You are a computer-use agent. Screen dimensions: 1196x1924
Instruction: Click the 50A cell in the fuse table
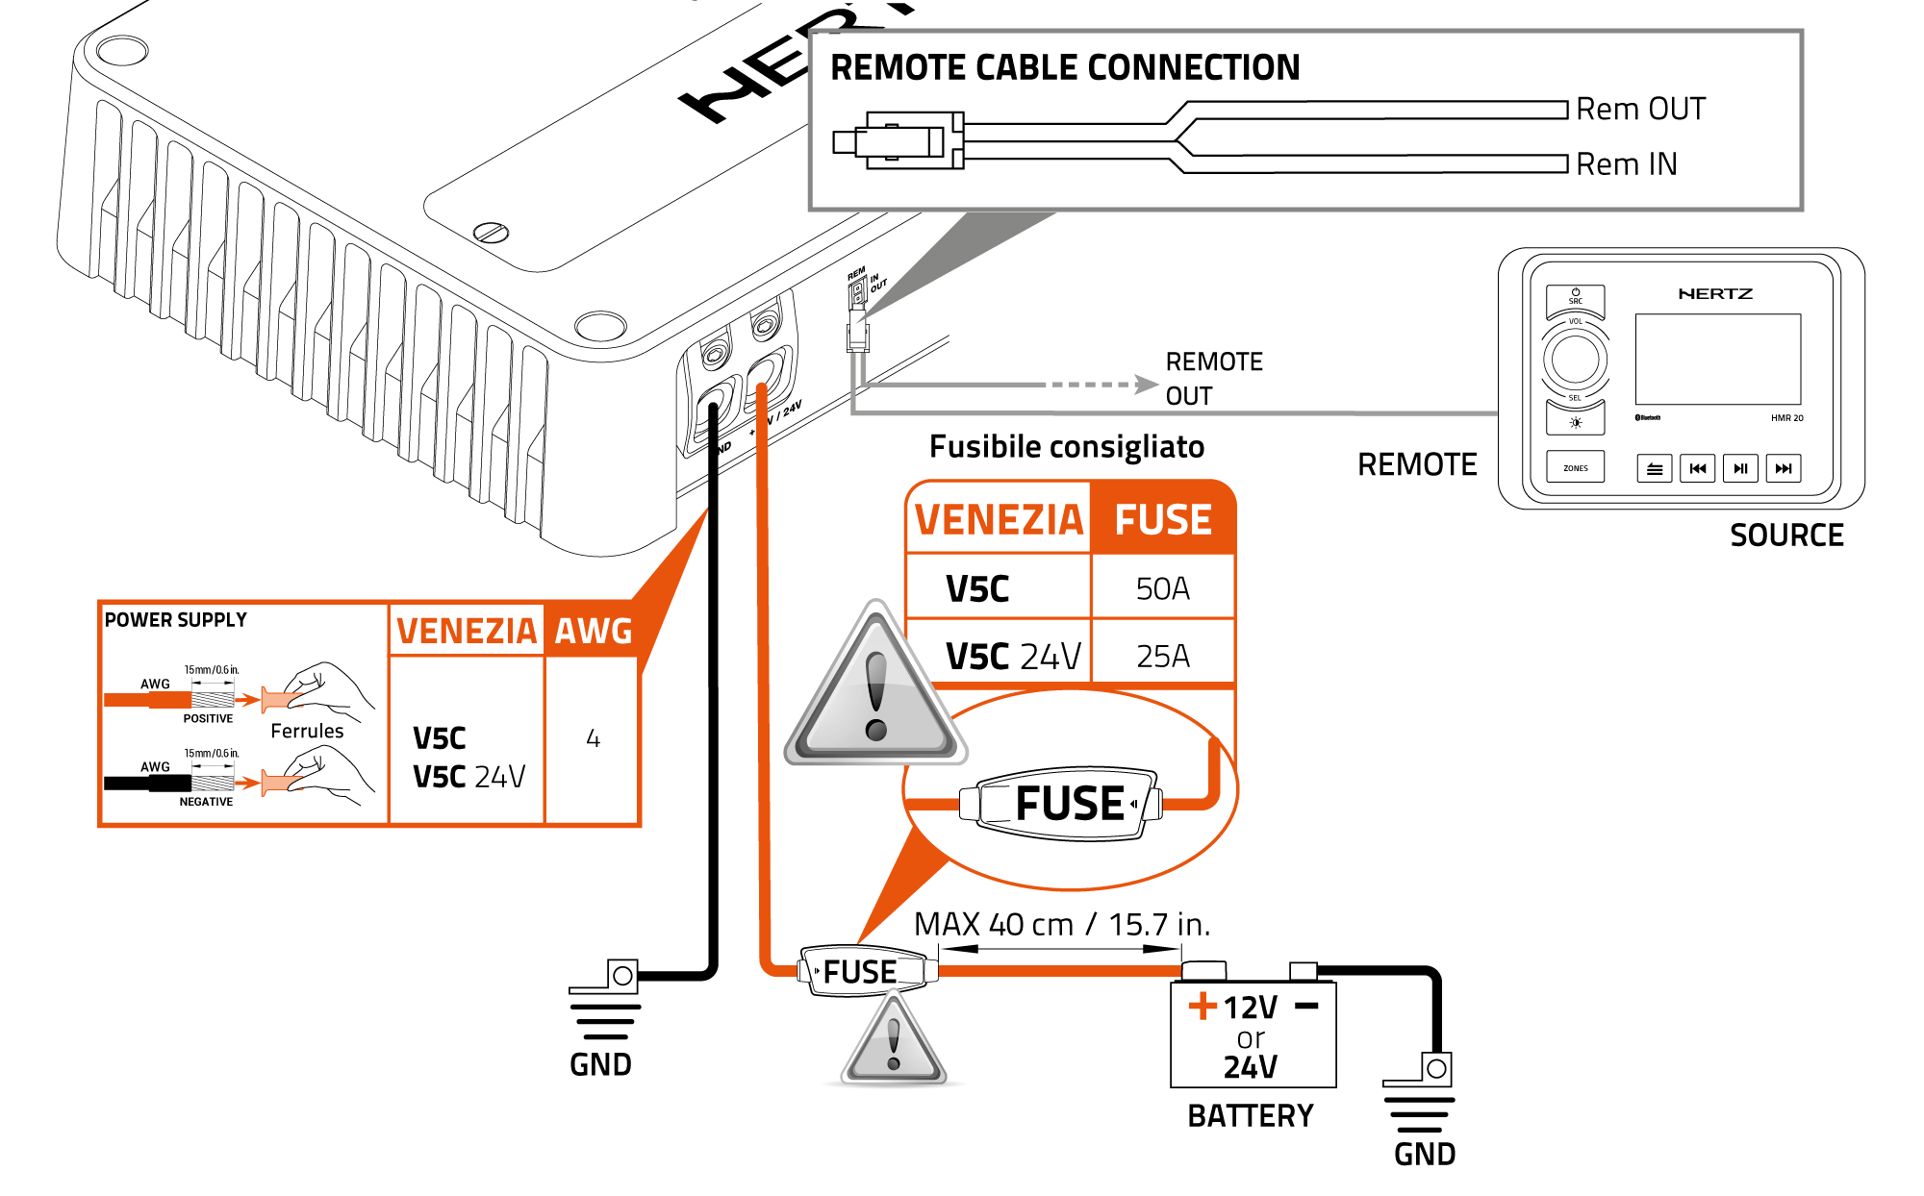pyautogui.click(x=1162, y=588)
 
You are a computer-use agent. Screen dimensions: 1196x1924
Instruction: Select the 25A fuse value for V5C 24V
pyautogui.click(x=1162, y=657)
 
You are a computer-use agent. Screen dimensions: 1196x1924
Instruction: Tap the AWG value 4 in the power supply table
pyautogui.click(x=593, y=738)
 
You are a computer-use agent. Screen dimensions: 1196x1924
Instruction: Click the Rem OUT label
pyautogui.click(x=1640, y=110)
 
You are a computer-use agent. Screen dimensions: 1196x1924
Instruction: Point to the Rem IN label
pyautogui.click(x=1626, y=164)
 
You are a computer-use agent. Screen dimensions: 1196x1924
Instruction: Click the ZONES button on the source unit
pyautogui.click(x=1575, y=468)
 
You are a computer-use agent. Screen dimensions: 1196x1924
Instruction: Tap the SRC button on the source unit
pyautogui.click(x=1575, y=299)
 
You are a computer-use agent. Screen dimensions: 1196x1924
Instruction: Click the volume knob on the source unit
pyautogui.click(x=1575, y=360)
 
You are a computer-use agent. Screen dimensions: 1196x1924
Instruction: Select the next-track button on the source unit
pyautogui.click(x=1783, y=468)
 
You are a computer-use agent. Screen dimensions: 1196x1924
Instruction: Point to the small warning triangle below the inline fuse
pyautogui.click(x=894, y=1043)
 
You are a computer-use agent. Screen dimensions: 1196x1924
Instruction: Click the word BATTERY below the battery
pyautogui.click(x=1250, y=1116)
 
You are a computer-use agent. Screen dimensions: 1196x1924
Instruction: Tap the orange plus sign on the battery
pyautogui.click(x=1202, y=1006)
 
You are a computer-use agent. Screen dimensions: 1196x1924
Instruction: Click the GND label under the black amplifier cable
pyautogui.click(x=600, y=1065)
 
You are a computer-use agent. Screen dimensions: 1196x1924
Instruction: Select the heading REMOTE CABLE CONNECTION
pyautogui.click(x=1065, y=68)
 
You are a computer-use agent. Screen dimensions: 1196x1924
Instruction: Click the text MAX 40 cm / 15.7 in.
pyautogui.click(x=1061, y=925)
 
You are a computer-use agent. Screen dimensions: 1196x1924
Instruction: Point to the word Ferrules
pyautogui.click(x=307, y=731)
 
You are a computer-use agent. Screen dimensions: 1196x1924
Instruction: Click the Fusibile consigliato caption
pyautogui.click(x=1066, y=447)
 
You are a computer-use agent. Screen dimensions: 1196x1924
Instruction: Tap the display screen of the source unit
pyautogui.click(x=1717, y=359)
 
